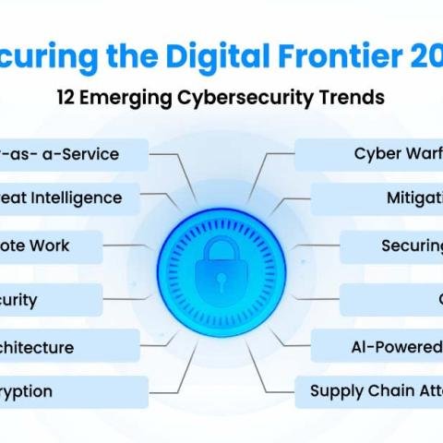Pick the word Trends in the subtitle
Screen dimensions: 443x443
click(349, 97)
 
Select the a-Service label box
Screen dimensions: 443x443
click(74, 153)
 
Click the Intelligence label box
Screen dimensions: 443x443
click(69, 198)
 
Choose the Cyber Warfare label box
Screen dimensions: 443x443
click(369, 153)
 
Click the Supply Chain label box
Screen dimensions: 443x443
click(369, 391)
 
